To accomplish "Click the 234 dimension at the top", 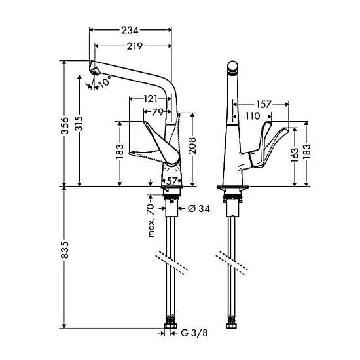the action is click(130, 30).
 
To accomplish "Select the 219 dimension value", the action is click(135, 46).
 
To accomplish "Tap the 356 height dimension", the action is click(65, 126).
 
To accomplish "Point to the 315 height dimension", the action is click(79, 124).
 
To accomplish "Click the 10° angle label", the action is click(105, 81).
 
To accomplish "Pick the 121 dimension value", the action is click(151, 99).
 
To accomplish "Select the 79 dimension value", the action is click(158, 113).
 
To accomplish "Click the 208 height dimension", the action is click(192, 145).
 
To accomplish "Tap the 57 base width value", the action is click(171, 181).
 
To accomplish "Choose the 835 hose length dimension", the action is click(65, 250).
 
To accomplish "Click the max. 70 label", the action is click(151, 220).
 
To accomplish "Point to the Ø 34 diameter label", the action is click(199, 209).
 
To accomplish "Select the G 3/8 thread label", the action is click(194, 333).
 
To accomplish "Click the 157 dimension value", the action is click(264, 105).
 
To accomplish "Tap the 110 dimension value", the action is click(253, 116).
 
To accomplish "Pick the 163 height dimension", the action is click(295, 155).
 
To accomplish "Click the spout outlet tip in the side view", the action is click(94, 71).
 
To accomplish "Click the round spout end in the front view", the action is click(233, 67).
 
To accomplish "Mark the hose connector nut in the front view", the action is click(232, 326).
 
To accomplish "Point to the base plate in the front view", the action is click(233, 188).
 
